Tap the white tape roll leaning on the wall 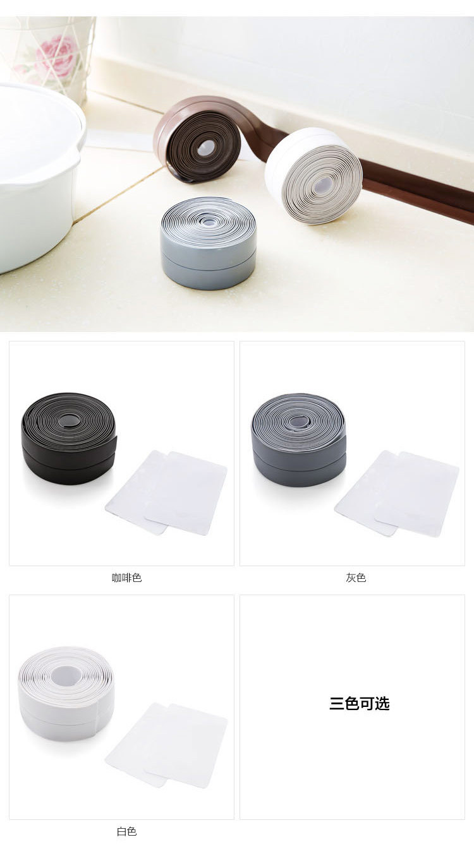[x=313, y=176]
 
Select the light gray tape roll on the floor [x=209, y=243]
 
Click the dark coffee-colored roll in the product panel [x=68, y=439]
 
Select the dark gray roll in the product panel [x=298, y=440]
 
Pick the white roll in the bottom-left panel [x=66, y=694]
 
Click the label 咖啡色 [x=126, y=578]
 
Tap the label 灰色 [x=356, y=578]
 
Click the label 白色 [x=126, y=831]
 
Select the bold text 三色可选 [x=360, y=704]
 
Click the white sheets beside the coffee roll [x=166, y=492]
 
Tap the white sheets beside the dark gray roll [x=397, y=494]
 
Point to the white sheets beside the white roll [x=166, y=745]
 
